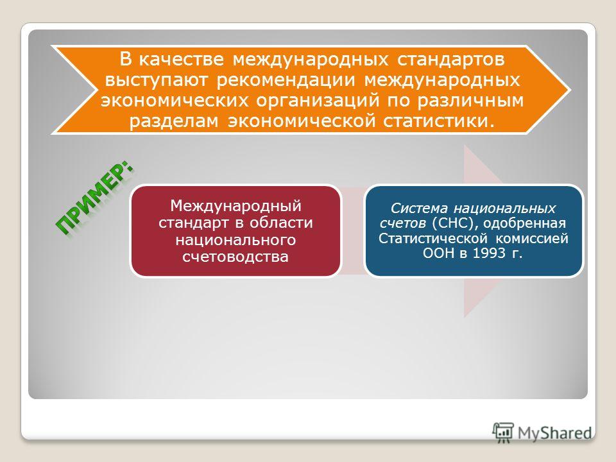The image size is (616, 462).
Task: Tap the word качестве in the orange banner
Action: click(x=181, y=60)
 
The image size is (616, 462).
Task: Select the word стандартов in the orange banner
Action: click(x=450, y=60)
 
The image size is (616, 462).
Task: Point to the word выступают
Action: click(x=156, y=81)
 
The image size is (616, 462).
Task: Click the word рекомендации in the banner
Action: click(x=286, y=81)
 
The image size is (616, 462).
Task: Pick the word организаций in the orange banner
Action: click(x=318, y=101)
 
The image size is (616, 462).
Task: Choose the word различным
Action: click(x=470, y=101)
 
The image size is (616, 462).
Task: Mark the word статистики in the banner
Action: click(x=436, y=121)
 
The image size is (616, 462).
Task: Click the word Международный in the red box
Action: click(x=235, y=206)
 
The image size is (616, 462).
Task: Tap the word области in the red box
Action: click(x=281, y=223)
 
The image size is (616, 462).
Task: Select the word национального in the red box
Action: click(x=235, y=239)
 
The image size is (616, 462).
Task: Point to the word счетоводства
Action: click(x=235, y=257)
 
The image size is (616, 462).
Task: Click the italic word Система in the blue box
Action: click(x=419, y=208)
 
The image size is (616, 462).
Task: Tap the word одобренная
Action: click(x=524, y=223)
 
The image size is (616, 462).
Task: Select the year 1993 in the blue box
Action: click(x=489, y=253)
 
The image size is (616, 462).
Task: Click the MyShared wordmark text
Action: click(x=554, y=433)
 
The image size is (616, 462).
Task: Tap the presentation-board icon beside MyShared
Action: click(x=503, y=432)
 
